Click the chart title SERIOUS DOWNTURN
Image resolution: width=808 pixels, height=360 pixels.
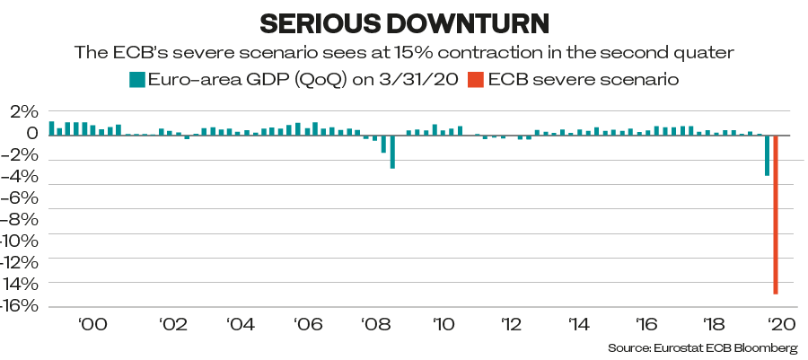[403, 22]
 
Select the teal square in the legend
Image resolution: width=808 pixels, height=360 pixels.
[136, 80]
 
